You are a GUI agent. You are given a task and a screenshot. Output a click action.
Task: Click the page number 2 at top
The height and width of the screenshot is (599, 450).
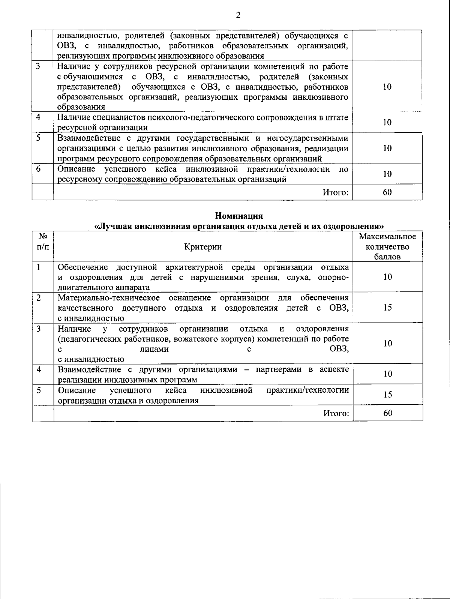[238, 15]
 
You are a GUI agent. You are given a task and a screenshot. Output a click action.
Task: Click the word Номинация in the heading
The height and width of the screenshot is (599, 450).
[238, 216]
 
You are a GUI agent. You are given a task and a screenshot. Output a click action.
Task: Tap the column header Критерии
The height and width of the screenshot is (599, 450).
[203, 246]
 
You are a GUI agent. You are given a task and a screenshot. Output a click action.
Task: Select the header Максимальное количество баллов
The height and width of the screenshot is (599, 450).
[387, 246]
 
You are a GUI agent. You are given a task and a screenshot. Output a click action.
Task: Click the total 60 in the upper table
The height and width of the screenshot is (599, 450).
[387, 192]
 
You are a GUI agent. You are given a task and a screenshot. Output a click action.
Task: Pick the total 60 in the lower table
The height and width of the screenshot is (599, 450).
[387, 413]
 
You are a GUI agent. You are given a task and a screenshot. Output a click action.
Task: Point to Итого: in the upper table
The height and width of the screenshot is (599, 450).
[336, 192]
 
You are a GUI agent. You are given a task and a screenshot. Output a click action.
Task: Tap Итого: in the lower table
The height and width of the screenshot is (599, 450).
[336, 413]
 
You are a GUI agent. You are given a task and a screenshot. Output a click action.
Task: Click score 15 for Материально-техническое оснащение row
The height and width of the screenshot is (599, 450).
[387, 308]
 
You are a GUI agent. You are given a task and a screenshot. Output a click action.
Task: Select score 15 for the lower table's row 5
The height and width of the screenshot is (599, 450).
[387, 394]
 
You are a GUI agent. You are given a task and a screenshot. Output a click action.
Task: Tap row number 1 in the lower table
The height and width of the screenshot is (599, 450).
[38, 267]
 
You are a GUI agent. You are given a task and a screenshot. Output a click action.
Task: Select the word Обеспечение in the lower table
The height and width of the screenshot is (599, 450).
[83, 267]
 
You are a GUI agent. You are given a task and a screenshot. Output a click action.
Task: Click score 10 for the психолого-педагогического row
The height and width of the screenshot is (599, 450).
[387, 122]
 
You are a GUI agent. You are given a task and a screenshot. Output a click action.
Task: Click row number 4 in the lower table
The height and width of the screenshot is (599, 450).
[38, 369]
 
